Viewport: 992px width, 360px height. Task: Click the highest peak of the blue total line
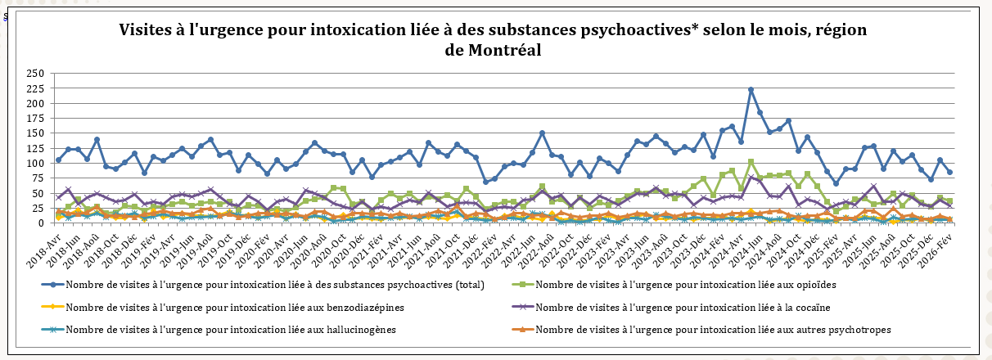[751, 90]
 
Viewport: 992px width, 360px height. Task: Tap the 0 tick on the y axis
[40, 223]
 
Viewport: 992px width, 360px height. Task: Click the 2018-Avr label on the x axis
[48, 244]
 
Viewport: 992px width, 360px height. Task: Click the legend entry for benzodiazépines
[234, 308]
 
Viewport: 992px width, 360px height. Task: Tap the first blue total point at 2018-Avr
[58, 160]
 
